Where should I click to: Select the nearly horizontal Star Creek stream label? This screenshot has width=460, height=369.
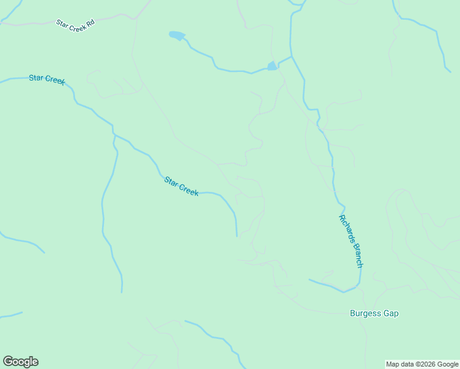point(47,79)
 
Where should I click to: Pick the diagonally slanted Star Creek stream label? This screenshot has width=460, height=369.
point(181,186)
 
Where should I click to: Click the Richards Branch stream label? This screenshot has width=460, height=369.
point(351,241)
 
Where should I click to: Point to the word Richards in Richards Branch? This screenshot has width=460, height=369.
point(346,228)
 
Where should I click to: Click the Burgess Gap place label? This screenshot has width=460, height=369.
point(374,314)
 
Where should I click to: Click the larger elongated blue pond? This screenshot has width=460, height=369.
point(177,36)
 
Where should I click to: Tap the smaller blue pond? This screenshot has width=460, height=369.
point(272,66)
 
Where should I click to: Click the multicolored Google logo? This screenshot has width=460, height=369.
point(20,362)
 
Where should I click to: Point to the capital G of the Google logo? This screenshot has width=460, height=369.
point(7,361)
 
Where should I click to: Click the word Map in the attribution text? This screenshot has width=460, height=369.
point(393,365)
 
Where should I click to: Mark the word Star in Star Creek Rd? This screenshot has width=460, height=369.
point(62,23)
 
